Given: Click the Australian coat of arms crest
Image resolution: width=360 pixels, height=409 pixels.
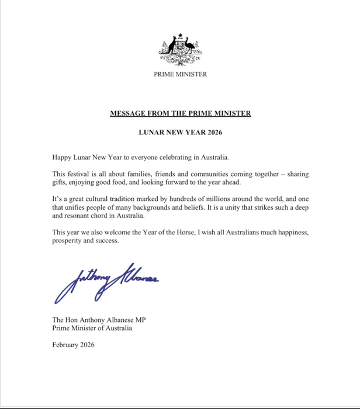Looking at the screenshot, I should (x=180, y=50).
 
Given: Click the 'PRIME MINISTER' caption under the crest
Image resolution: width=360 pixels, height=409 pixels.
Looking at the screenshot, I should (x=180, y=74).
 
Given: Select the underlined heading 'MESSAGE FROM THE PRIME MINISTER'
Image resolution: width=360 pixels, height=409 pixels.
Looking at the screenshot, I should (x=180, y=113).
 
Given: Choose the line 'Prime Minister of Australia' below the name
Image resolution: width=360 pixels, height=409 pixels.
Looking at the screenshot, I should (x=92, y=328).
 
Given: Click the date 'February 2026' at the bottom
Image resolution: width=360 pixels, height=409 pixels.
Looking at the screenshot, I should (x=73, y=345).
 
